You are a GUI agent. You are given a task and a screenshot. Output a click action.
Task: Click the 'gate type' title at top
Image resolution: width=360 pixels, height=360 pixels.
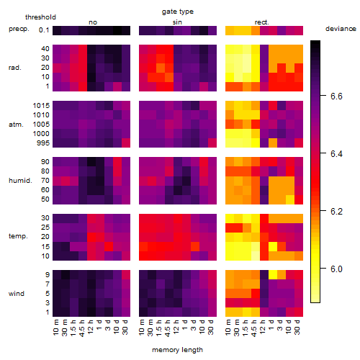pos(178,12)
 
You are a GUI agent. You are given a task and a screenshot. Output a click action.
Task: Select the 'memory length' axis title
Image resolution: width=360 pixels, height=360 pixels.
pos(177,350)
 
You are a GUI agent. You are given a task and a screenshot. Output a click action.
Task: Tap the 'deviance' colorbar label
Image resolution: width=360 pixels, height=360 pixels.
pos(341,29)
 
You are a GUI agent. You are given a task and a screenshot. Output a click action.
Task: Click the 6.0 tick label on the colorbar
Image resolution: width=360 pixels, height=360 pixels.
pos(336,269)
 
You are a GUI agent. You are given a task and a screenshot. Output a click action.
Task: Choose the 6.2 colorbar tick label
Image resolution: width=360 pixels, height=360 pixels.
pos(336,212)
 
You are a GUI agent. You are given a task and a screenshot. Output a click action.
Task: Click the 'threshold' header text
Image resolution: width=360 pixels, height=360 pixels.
pos(40,17)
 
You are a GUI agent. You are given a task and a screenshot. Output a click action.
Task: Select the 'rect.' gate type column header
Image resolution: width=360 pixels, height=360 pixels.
pos(262,22)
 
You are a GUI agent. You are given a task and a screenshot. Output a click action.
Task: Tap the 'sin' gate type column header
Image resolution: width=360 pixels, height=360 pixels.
pos(177,22)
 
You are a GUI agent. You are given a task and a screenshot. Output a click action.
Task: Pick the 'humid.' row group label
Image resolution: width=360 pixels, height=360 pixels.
pos(20,181)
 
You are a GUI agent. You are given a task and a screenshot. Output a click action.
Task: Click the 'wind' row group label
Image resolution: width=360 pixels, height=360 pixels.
pos(17,294)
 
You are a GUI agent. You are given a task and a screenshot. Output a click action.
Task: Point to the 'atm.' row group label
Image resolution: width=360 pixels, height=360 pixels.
pos(16,125)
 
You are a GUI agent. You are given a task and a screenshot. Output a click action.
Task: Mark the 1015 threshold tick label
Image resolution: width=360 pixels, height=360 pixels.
pos(41,106)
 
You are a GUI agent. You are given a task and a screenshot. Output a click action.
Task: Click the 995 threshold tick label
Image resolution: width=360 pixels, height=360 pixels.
pos(43,143)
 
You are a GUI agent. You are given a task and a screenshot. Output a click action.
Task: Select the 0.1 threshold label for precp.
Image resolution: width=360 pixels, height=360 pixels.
pos(44,30)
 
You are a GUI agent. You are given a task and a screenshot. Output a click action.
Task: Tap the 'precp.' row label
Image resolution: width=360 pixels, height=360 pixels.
pos(19,29)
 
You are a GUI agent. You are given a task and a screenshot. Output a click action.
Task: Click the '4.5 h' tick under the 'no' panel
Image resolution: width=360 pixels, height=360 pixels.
pos(81,328)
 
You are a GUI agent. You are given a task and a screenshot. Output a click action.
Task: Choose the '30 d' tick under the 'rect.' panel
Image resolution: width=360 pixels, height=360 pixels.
pos(297,327)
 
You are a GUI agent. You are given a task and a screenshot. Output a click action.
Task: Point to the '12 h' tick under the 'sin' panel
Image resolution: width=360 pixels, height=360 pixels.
pos(176,327)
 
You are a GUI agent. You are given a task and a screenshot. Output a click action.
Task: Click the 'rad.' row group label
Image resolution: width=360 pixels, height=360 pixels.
pos(15,68)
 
